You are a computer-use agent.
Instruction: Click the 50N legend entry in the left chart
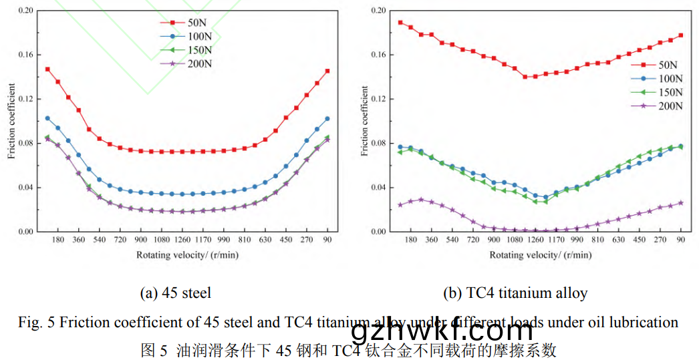point(190,22)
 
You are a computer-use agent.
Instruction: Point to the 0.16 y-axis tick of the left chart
point(24,55)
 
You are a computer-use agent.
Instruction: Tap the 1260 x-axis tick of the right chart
point(535,239)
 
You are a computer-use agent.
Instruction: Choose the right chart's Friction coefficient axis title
point(364,121)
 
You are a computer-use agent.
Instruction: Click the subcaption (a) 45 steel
point(175,293)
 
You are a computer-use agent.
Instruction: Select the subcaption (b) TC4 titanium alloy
point(515,293)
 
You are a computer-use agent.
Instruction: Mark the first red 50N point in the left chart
point(47,69)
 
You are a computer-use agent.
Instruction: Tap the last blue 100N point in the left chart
point(327,119)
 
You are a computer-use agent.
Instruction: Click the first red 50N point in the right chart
point(400,22)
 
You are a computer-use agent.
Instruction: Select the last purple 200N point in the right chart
point(681,202)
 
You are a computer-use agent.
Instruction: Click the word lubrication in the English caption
point(644,323)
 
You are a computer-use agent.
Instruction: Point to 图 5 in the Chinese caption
point(154,349)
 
